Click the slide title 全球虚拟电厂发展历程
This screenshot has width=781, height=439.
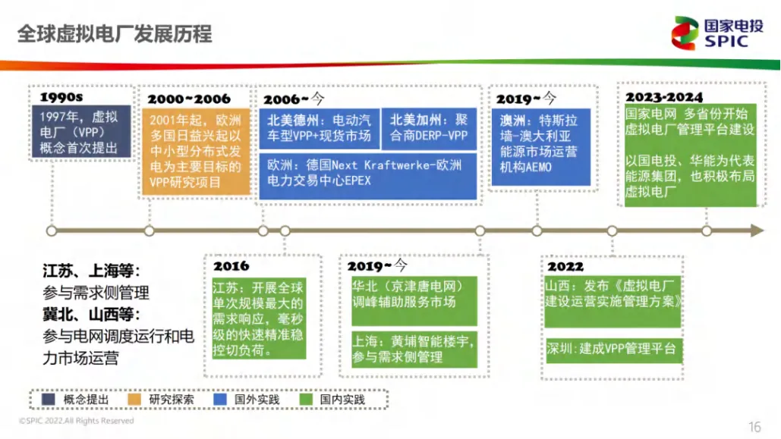pos(115,34)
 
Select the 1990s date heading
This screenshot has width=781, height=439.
pos(61,98)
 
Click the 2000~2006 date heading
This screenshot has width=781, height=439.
pos(189,99)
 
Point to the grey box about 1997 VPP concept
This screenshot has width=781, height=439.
pos(85,132)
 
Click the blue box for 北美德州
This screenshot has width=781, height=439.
pos(319,128)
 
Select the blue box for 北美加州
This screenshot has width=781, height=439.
pos(430,128)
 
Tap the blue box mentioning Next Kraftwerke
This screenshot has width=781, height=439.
pos(369,174)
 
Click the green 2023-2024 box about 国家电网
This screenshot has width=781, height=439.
pos(691,155)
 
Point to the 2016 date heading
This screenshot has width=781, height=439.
pos(231,266)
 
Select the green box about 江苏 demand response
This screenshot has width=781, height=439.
pos(258,319)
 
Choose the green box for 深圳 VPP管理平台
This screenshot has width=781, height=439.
pos(611,350)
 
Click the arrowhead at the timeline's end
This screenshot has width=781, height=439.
pos(757,230)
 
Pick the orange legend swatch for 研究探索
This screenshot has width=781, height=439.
pos(138,400)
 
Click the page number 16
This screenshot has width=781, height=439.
pos(754,427)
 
